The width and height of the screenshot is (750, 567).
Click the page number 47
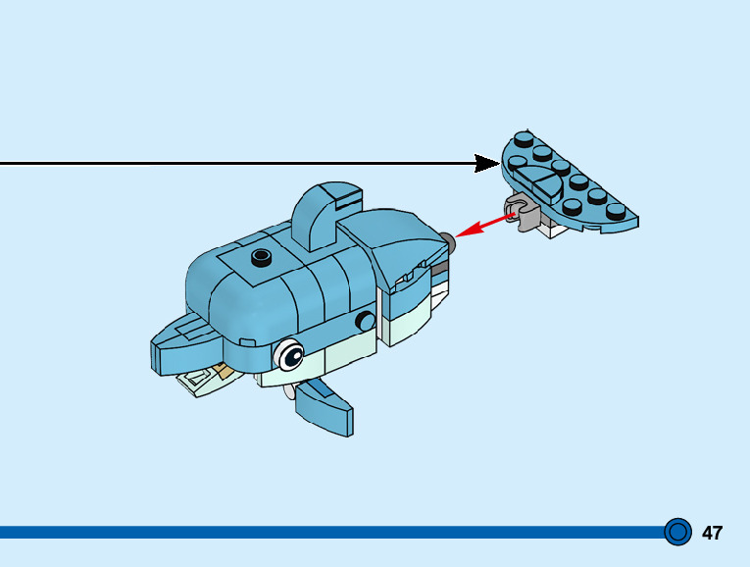pyautogui.click(x=712, y=533)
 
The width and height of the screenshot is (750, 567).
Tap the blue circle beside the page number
pyautogui.click(x=676, y=532)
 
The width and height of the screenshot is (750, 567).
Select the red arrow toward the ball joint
pyautogui.click(x=484, y=225)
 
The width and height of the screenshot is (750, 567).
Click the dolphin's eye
pyautogui.click(x=290, y=354)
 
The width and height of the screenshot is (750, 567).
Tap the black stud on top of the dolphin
pyautogui.click(x=260, y=257)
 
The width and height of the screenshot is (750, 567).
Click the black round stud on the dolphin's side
pyautogui.click(x=366, y=320)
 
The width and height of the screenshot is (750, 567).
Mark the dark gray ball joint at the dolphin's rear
pyautogui.click(x=448, y=238)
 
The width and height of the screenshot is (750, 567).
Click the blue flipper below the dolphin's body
pyautogui.click(x=325, y=406)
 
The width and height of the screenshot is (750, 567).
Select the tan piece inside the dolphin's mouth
pyautogui.click(x=225, y=371)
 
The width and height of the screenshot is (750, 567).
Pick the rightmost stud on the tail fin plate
pyautogui.click(x=615, y=210)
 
